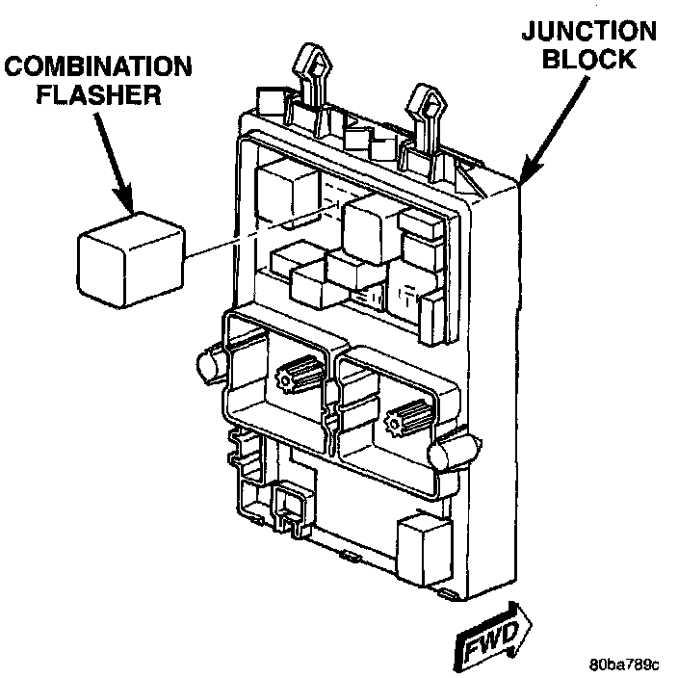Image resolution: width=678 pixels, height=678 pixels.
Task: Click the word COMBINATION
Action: (98, 66)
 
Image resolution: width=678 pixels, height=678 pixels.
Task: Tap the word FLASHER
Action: (98, 94)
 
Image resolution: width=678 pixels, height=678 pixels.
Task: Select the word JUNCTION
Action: (588, 31)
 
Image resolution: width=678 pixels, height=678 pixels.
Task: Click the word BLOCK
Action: (589, 59)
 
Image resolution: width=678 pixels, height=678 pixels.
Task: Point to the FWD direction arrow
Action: (493, 637)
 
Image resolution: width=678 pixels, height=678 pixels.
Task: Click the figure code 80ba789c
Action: (624, 664)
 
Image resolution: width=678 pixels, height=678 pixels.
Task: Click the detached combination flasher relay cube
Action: (131, 259)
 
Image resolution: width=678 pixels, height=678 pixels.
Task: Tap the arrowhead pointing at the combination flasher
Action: (125, 199)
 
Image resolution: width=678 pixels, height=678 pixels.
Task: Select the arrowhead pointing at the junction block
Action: (529, 169)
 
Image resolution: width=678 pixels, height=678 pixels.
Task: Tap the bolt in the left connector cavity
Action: (300, 373)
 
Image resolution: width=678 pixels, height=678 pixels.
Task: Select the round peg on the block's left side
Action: (211, 361)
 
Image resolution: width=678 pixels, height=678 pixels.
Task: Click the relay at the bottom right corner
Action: (425, 547)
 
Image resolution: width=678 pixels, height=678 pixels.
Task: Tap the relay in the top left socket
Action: (289, 192)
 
